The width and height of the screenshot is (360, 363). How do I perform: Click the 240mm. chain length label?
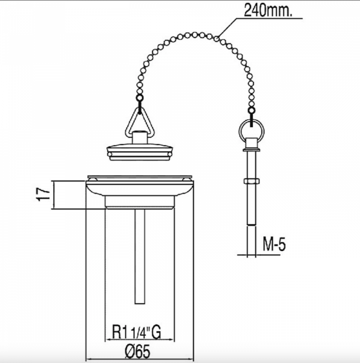click(x=268, y=10)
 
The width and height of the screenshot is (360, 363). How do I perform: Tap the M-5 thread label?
click(x=274, y=244)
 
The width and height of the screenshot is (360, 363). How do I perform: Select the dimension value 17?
click(x=44, y=194)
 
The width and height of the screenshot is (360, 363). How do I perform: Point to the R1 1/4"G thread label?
click(x=136, y=332)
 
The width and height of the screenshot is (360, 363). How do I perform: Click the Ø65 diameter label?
click(x=137, y=351)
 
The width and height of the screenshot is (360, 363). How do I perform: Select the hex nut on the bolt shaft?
click(x=252, y=181)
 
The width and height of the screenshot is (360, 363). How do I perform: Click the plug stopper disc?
click(x=140, y=152)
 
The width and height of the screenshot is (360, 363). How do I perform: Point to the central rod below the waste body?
click(x=140, y=257)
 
